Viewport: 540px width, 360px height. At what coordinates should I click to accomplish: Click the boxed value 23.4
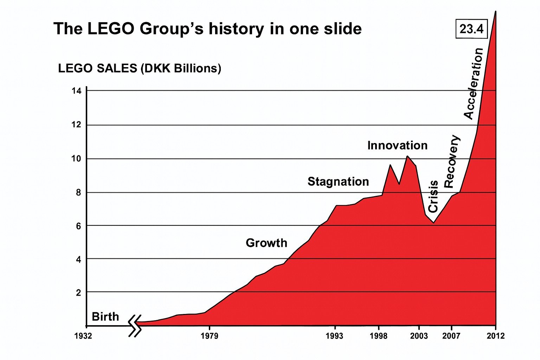point(471,28)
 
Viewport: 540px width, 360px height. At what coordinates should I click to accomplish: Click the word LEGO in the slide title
point(110,28)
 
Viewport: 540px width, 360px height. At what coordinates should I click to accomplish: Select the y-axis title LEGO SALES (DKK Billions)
point(140,68)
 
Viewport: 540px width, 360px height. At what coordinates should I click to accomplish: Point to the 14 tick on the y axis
point(76,91)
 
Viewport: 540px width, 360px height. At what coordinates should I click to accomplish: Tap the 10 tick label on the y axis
point(76,159)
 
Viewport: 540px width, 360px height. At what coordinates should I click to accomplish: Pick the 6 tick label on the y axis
point(78,226)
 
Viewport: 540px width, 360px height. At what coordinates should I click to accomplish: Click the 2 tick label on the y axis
point(78,292)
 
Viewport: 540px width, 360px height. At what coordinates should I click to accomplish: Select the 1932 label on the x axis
point(83,336)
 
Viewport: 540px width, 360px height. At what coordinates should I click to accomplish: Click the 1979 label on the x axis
point(210,336)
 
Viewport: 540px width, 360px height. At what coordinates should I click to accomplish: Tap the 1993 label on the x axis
point(334,336)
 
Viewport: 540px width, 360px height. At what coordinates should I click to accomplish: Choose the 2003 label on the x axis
point(419,336)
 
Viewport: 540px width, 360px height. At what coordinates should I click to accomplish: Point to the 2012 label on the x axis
point(495,336)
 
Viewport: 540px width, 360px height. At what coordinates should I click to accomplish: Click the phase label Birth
point(105,317)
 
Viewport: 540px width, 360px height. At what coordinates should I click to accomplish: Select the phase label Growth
point(266,243)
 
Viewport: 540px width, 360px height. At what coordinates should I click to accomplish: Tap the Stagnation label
point(338,182)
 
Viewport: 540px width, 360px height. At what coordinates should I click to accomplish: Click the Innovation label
point(397,146)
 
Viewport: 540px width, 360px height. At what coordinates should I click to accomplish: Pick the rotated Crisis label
point(433,196)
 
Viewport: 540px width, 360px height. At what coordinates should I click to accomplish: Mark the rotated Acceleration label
point(473,84)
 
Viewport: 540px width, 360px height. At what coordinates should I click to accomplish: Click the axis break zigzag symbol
point(135,326)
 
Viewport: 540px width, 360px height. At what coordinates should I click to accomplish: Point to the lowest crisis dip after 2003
point(434,223)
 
